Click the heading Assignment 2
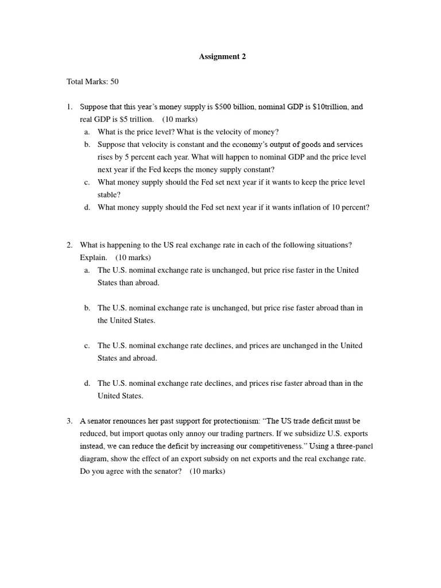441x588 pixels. (x=222, y=56)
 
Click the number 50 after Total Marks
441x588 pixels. (x=114, y=82)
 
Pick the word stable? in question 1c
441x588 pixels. (x=109, y=195)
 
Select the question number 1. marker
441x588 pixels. (x=69, y=107)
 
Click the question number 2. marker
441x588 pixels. (x=69, y=245)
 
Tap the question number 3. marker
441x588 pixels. (x=69, y=421)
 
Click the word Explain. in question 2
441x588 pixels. (x=94, y=257)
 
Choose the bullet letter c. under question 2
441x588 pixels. (x=87, y=346)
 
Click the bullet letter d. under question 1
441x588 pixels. (x=87, y=207)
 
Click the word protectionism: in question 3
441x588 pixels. (x=234, y=421)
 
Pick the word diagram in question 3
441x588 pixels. (x=94, y=459)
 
